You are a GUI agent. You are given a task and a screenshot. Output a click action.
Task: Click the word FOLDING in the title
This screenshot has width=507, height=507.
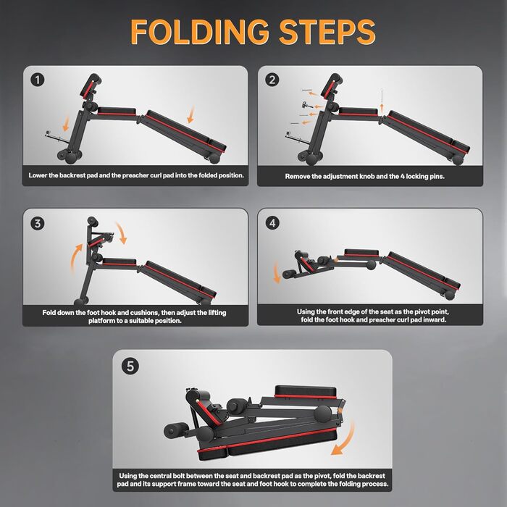click(199, 31)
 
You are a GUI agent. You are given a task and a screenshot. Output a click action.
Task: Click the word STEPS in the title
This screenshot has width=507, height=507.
click(327, 31)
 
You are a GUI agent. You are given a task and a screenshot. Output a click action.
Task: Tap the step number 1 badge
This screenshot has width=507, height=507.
click(38, 80)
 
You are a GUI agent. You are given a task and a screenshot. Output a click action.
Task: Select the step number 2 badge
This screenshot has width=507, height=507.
click(272, 80)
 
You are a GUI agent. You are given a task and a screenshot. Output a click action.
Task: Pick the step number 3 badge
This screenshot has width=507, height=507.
click(38, 223)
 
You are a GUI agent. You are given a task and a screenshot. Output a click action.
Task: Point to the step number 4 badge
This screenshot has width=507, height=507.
click(272, 223)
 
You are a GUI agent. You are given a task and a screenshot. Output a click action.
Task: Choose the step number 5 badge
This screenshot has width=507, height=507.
click(130, 366)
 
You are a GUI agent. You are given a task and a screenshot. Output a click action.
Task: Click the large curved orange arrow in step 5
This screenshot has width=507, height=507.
click(348, 441)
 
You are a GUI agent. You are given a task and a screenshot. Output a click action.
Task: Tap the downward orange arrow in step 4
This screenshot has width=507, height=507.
click(277, 272)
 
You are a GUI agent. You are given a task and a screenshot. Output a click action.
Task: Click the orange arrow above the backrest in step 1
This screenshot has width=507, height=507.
click(191, 114)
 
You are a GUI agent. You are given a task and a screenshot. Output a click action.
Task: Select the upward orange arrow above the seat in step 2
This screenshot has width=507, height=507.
click(382, 108)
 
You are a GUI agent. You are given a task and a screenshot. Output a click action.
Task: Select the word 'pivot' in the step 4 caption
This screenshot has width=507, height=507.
click(419, 311)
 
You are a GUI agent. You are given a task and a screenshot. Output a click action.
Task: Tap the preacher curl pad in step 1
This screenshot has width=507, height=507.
click(91, 85)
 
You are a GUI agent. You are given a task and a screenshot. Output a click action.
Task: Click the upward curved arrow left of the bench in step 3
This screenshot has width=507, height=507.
click(75, 258)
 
